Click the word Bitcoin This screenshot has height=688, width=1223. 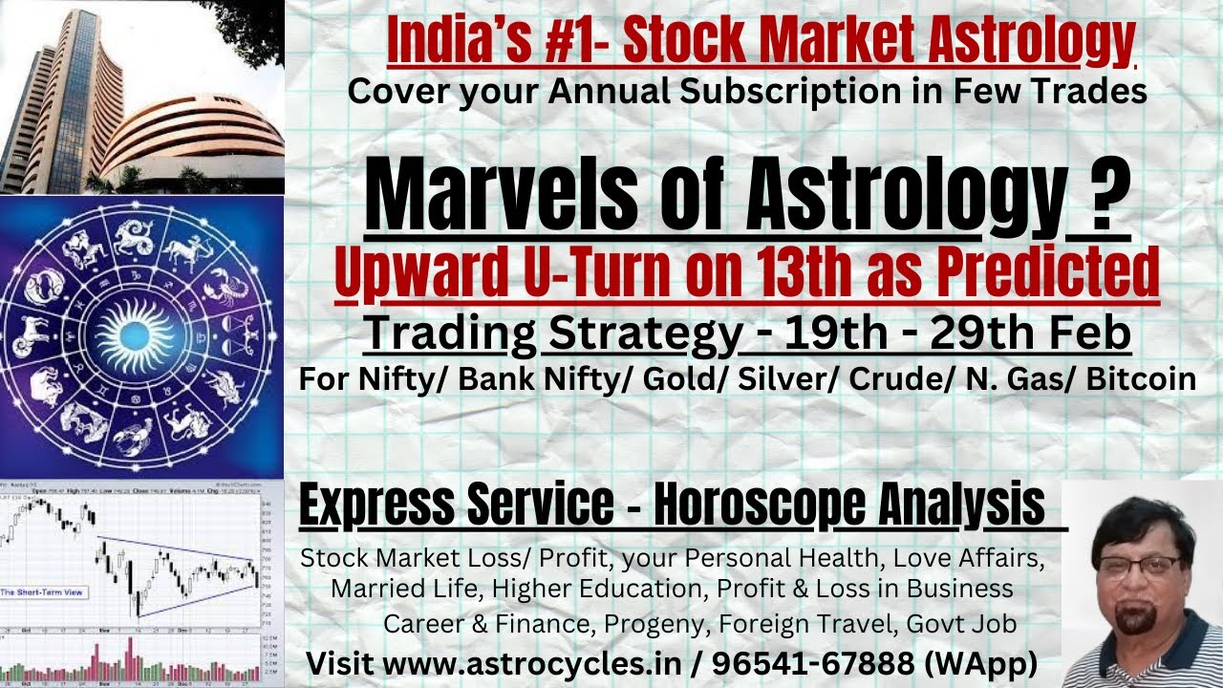click(x=1143, y=378)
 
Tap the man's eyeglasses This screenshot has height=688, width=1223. click(x=1141, y=565)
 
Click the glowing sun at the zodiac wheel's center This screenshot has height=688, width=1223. click(x=139, y=335)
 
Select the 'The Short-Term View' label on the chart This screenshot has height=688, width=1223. click(x=43, y=592)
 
